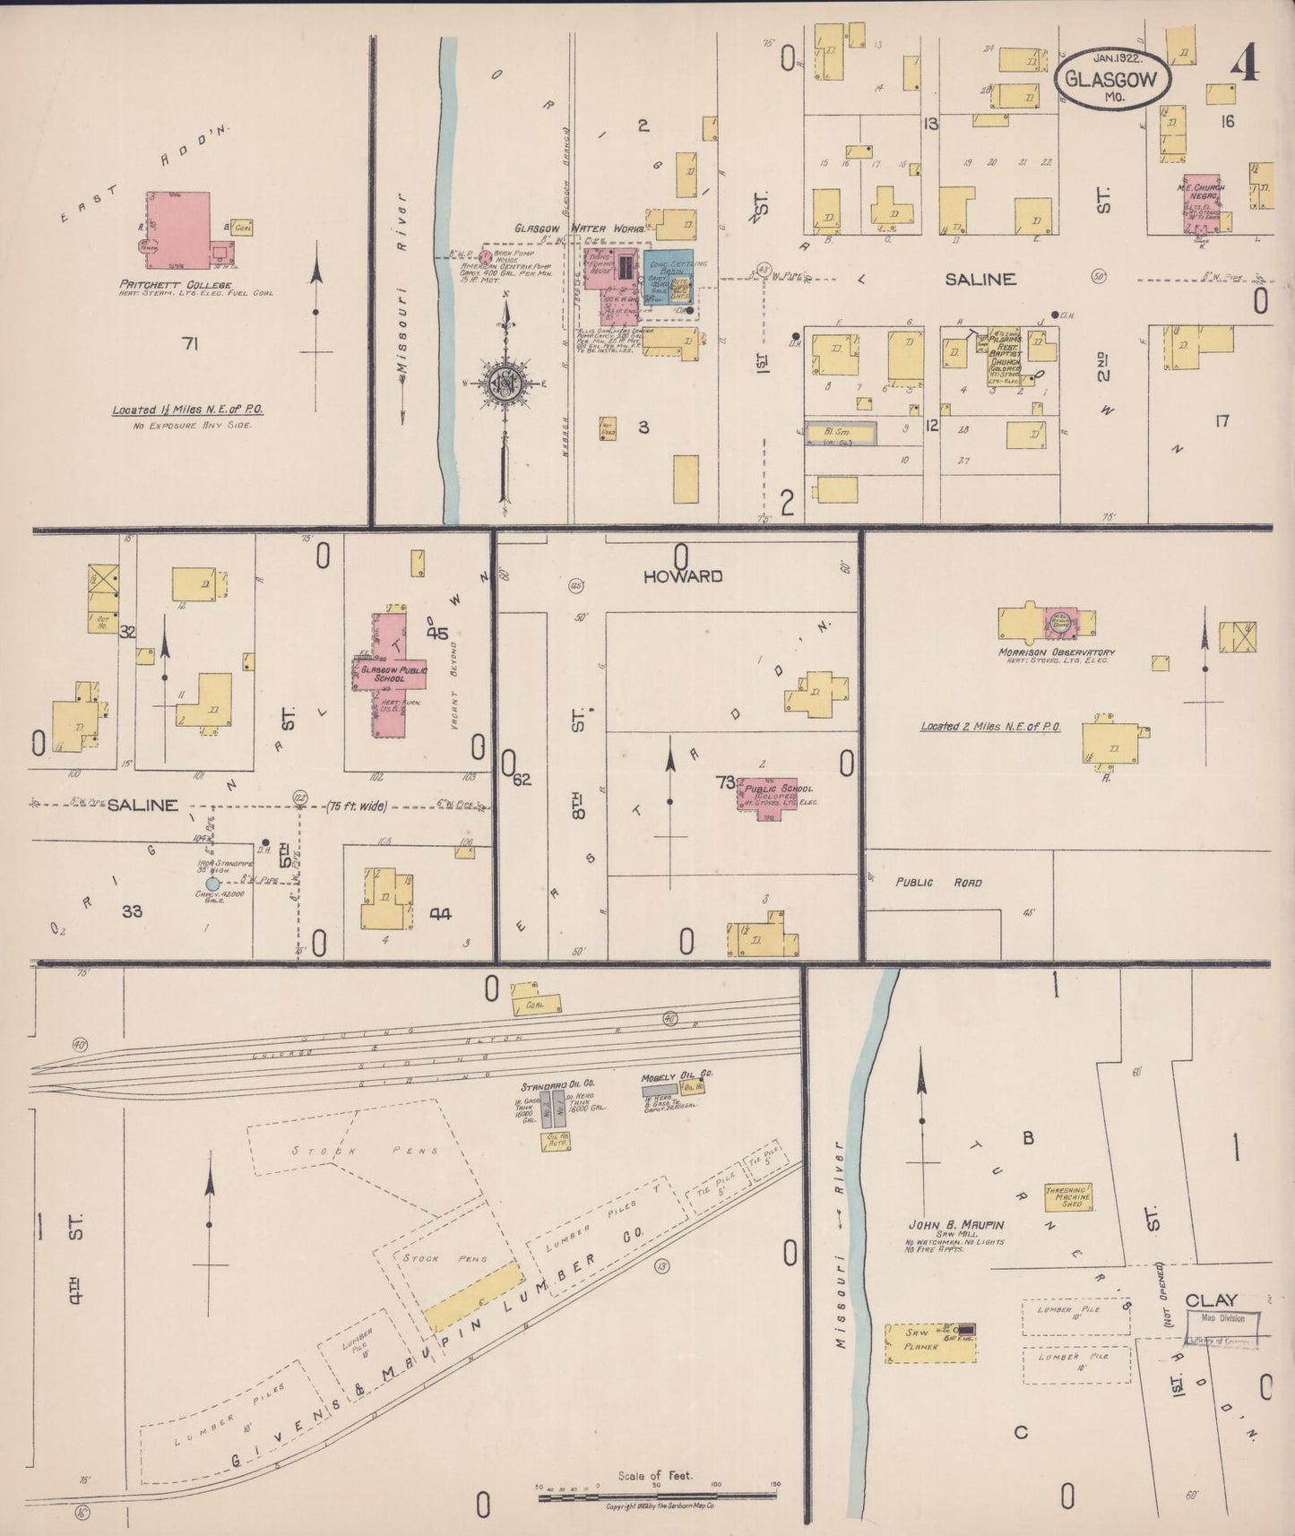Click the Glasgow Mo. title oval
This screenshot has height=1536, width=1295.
tap(1114, 79)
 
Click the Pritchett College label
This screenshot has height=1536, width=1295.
tap(176, 285)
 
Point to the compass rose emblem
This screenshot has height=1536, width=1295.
tap(508, 381)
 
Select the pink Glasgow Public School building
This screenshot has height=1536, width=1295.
tap(390, 674)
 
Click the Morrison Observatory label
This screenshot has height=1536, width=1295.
tap(1056, 652)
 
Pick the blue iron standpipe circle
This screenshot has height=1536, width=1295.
tap(212, 884)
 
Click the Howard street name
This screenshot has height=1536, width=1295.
tap(682, 575)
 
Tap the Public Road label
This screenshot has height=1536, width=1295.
tap(937, 883)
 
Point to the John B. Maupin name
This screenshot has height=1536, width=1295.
tap(955, 1224)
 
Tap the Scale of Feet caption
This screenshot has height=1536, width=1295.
tap(654, 1475)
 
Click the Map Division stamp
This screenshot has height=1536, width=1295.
tap(1223, 1318)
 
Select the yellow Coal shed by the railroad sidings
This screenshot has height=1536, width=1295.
tap(536, 1003)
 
